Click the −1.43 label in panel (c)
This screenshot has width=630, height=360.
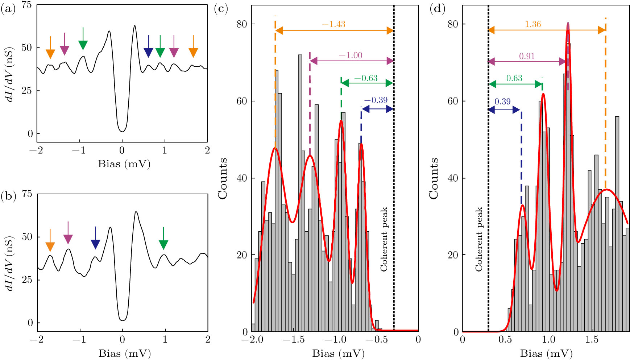[333, 24]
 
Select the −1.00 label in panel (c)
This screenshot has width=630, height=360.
[351, 55]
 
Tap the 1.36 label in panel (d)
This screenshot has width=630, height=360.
[533, 24]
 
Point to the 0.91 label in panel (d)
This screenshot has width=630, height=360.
[527, 56]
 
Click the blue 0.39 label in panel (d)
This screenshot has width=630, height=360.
[502, 102]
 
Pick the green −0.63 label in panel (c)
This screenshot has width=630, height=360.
[366, 78]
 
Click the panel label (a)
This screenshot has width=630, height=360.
[8, 9]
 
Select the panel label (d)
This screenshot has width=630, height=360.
[438, 9]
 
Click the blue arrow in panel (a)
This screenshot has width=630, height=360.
[148, 47]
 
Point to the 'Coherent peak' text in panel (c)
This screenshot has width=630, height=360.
[384, 239]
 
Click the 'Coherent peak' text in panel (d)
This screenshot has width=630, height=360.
[479, 239]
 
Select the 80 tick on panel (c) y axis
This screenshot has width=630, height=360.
[242, 24]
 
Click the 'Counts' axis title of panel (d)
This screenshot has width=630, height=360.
[434, 178]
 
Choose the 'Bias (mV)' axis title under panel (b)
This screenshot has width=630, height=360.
[124, 353]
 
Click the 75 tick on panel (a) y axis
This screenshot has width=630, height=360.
[27, 5]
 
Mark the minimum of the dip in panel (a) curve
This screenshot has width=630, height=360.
[122, 131]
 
